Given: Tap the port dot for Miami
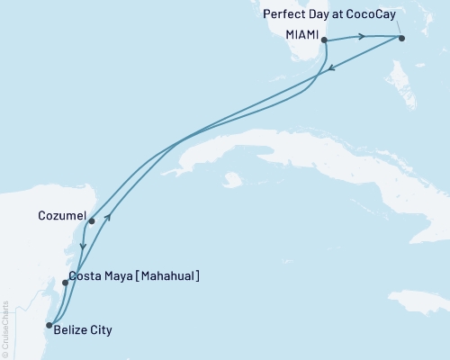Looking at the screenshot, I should (323, 40).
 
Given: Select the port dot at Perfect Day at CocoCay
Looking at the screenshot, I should (401, 38).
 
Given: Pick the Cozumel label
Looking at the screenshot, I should (63, 216).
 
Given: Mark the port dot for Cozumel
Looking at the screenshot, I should (92, 220).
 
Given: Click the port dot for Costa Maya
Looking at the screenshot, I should (65, 283).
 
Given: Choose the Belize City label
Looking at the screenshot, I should (83, 330).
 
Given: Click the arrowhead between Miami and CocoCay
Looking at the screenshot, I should (362, 37).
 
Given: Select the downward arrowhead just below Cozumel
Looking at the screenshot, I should (83, 247).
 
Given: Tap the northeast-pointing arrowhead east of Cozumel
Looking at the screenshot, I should (108, 216).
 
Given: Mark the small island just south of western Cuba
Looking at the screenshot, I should (232, 180).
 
